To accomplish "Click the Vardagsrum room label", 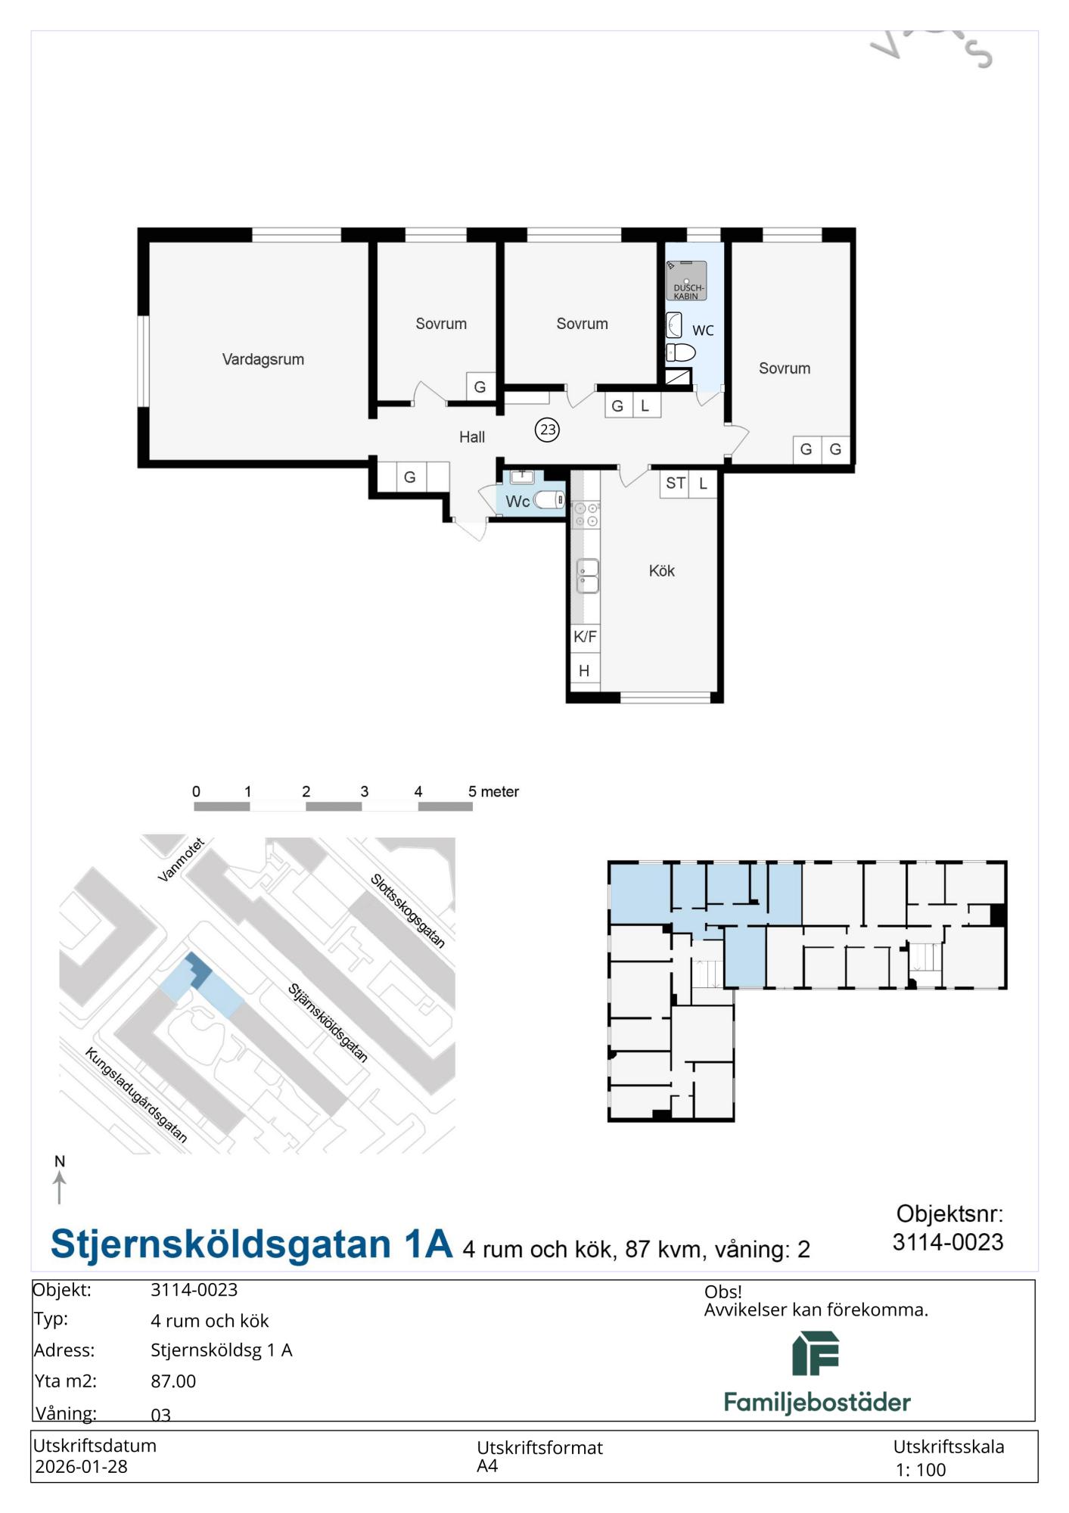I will click(x=263, y=359).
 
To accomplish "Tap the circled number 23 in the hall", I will click(x=547, y=430).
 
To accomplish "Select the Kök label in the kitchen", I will click(x=661, y=571).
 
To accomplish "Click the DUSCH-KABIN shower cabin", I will click(x=687, y=281).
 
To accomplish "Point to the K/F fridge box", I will click(x=585, y=636).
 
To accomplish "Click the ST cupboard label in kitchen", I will click(x=676, y=483).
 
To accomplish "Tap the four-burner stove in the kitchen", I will click(x=586, y=514).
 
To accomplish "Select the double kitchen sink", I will click(x=588, y=576).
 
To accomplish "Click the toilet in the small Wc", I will click(x=548, y=499).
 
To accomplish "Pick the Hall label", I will click(x=471, y=437).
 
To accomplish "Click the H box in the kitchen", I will click(x=584, y=670).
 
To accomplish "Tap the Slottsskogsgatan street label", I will click(x=407, y=910).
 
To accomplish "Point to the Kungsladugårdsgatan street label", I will click(x=136, y=1095).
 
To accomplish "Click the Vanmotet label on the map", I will click(x=181, y=859).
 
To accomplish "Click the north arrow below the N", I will click(x=60, y=1187).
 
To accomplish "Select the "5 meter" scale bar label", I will click(x=493, y=791).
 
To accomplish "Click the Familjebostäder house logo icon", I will click(x=816, y=1353).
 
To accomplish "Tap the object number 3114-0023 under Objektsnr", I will click(x=947, y=1241).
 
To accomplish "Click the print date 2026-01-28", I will click(x=81, y=1466).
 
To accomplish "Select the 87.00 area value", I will click(x=173, y=1381).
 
